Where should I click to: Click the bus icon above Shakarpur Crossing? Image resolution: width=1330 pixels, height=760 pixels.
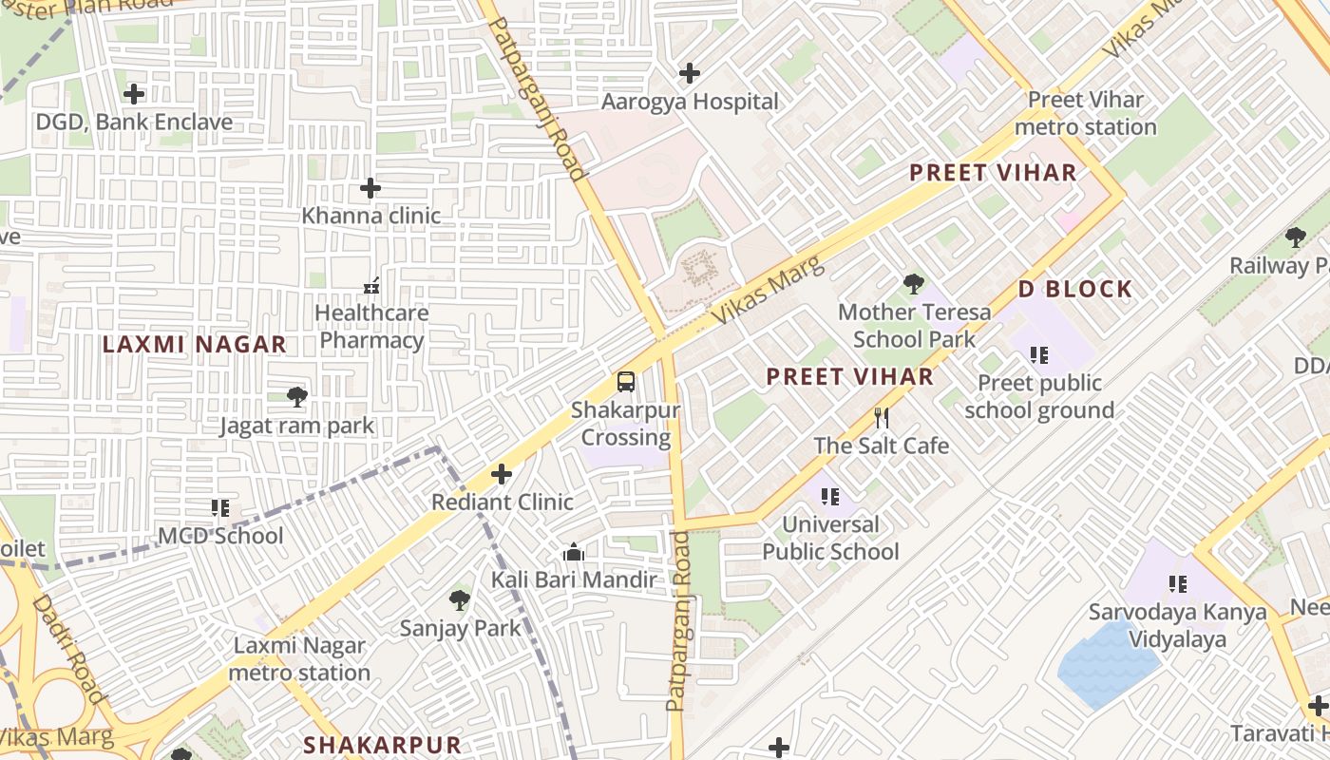click(x=625, y=382)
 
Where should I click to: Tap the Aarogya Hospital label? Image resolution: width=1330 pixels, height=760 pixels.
click(x=690, y=102)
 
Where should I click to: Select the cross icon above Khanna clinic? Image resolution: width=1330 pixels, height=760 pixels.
click(x=370, y=188)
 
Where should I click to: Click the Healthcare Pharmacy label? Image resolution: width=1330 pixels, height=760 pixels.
click(x=371, y=326)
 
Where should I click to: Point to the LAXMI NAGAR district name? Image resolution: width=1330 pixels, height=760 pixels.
click(x=194, y=345)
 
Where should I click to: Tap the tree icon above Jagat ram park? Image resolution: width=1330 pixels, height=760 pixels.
click(x=296, y=397)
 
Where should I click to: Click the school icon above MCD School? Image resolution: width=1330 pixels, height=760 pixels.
click(x=220, y=508)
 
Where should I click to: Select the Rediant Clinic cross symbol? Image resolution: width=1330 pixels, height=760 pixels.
click(x=502, y=474)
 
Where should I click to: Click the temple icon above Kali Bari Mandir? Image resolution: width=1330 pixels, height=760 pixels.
click(x=573, y=553)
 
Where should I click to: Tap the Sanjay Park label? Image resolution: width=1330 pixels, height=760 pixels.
click(x=460, y=628)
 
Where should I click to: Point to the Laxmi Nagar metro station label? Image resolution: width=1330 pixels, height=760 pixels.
click(x=299, y=659)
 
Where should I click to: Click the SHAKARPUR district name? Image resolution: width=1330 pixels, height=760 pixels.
click(x=382, y=745)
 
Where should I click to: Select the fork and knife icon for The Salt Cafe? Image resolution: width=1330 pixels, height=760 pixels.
click(x=882, y=418)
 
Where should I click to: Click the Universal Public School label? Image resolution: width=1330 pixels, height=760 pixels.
click(x=830, y=538)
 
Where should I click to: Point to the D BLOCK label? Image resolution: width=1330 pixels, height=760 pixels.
click(x=1074, y=290)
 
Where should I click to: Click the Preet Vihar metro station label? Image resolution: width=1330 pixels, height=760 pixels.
click(x=1086, y=113)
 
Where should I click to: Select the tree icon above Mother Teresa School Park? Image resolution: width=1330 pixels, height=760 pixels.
click(x=913, y=283)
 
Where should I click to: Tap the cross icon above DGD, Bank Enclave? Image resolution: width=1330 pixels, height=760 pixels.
click(x=134, y=94)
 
